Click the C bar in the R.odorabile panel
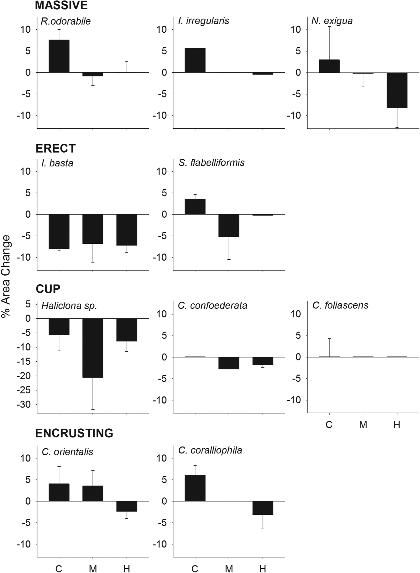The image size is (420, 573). click(59, 56)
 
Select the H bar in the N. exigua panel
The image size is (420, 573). click(397, 90)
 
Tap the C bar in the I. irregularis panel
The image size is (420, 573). click(195, 60)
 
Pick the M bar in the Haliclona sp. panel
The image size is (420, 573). click(93, 348)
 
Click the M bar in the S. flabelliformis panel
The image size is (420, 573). click(229, 225)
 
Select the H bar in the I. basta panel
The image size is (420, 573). click(127, 230)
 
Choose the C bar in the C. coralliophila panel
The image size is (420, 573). click(195, 488)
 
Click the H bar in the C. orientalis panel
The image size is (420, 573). click(127, 506)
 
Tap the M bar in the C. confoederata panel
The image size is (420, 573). click(229, 363)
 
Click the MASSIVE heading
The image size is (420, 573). click(61, 5)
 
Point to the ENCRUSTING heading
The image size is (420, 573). click(74, 433)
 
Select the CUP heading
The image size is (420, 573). click(48, 289)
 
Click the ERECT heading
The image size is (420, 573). click(55, 148)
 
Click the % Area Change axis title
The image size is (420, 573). click(6, 276)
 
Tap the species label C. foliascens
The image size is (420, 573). click(340, 305)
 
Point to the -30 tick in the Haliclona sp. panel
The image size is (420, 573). click(24, 404)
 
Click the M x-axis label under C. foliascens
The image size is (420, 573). click(363, 425)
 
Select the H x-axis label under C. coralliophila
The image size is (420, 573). click(262, 568)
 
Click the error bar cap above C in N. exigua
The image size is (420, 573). click(329, 26)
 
